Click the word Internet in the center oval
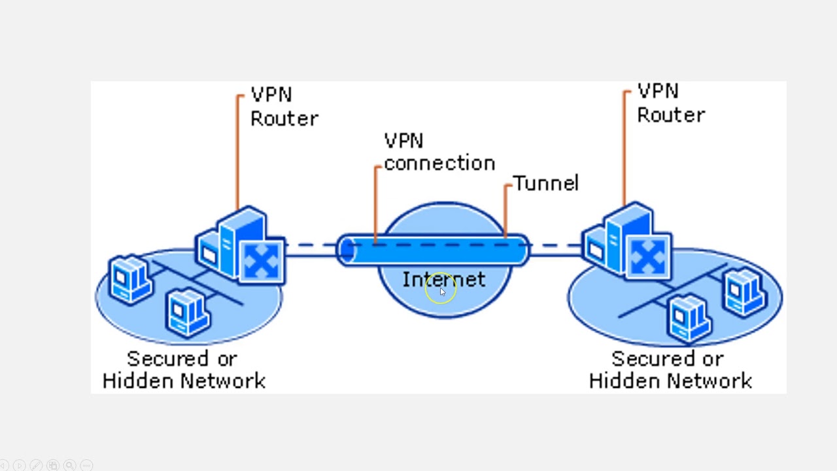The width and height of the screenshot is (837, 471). [443, 280]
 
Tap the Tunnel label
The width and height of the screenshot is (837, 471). [545, 184]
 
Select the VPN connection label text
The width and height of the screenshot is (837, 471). [439, 152]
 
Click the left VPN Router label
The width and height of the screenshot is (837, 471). [284, 107]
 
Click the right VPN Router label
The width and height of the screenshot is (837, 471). [670, 103]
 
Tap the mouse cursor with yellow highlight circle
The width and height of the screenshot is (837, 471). [441, 291]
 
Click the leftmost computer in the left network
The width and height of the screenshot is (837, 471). [129, 279]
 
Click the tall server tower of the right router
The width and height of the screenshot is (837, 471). [621, 235]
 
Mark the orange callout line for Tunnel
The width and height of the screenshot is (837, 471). [505, 209]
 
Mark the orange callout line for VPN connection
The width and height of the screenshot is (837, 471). [375, 203]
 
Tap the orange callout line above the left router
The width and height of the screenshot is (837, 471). [237, 150]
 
